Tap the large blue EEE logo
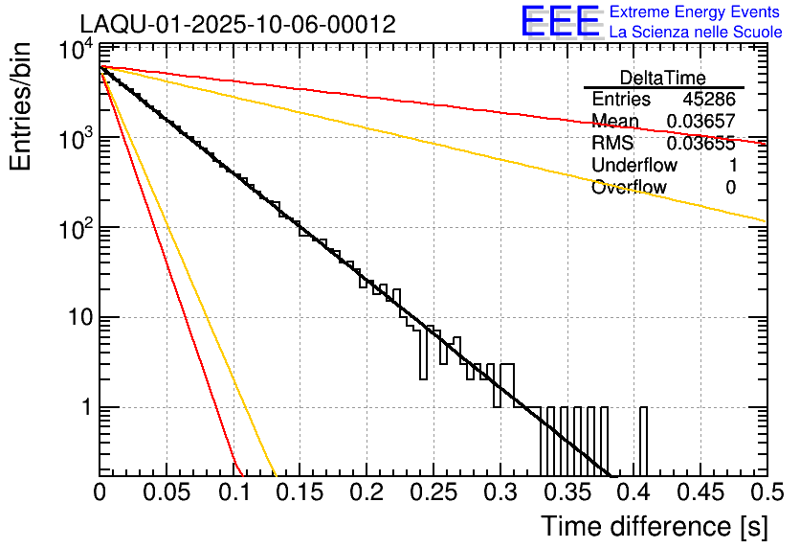pyautogui.click(x=560, y=22)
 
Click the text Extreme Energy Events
pyautogui.click(x=695, y=12)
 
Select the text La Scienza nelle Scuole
pyautogui.click(x=695, y=32)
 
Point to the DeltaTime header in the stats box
pyautogui.click(x=662, y=78)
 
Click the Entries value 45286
pyautogui.click(x=709, y=100)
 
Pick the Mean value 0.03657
pyautogui.click(x=700, y=122)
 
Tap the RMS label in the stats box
pyautogui.click(x=612, y=144)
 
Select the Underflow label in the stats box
pyautogui.click(x=634, y=166)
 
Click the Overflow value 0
pyautogui.click(x=730, y=188)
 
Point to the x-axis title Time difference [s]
pyautogui.click(x=654, y=526)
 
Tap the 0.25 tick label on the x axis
pyautogui.click(x=433, y=492)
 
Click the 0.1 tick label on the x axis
pyautogui.click(x=233, y=492)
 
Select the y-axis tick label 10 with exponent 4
pyautogui.click(x=77, y=49)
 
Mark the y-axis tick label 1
pyautogui.click(x=84, y=407)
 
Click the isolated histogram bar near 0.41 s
pyautogui.click(x=643, y=441)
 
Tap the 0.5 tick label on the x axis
pyautogui.click(x=762, y=492)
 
